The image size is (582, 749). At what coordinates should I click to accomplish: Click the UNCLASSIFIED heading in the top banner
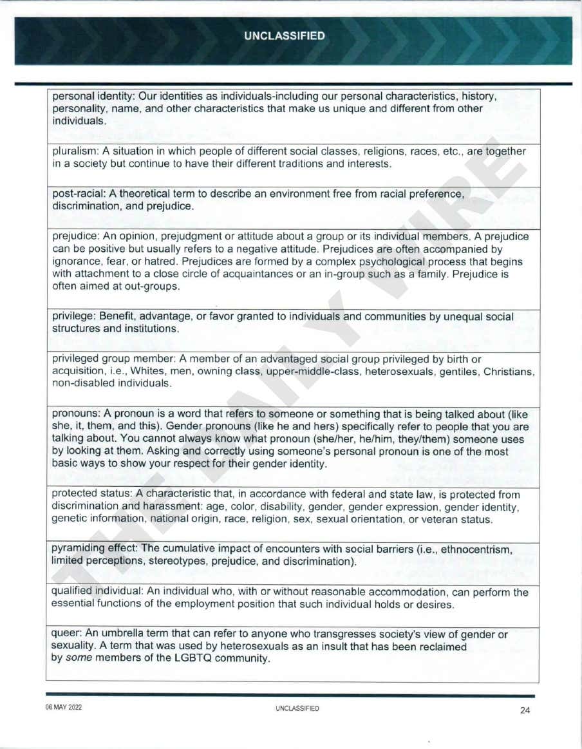point(285,36)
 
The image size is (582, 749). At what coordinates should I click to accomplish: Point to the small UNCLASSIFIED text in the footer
point(297,708)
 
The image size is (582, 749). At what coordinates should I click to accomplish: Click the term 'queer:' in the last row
point(67,635)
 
